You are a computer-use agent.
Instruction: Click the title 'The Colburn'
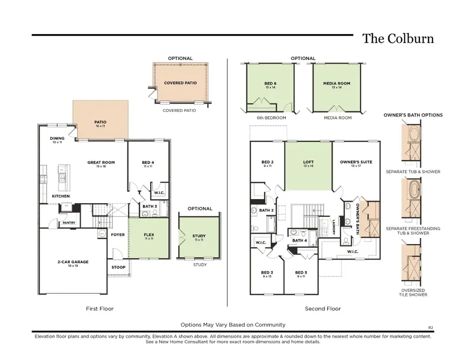coord(397,39)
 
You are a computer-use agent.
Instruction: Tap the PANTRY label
coord(69,223)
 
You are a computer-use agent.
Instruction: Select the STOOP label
coord(118,267)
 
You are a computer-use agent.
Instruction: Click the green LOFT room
coord(308,163)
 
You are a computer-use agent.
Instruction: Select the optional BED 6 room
coord(269,85)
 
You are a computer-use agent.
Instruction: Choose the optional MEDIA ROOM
coord(337,85)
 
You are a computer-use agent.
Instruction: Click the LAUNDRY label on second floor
coord(334,225)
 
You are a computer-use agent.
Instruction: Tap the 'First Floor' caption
coord(99,309)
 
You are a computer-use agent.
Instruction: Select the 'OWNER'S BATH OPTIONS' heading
coord(413,115)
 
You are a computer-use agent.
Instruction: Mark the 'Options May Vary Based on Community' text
coord(232,325)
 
